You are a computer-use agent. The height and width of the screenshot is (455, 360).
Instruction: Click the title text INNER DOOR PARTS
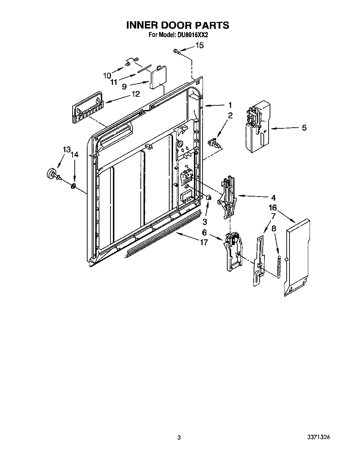[177, 25]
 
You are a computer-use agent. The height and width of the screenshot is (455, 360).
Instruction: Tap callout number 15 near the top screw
[199, 45]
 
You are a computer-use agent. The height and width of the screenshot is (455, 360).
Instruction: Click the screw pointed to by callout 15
[176, 51]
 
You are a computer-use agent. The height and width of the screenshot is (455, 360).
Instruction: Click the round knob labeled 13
[52, 173]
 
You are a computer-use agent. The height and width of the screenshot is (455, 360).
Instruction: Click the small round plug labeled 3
[209, 198]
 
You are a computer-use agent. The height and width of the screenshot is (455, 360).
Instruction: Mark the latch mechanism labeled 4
[227, 197]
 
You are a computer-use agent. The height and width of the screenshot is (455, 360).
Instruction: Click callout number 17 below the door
[203, 242]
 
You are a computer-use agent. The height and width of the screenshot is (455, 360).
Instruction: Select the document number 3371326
[318, 437]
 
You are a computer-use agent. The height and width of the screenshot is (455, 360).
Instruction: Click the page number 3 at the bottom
[179, 438]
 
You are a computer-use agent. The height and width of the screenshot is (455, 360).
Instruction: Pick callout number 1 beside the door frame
[230, 105]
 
